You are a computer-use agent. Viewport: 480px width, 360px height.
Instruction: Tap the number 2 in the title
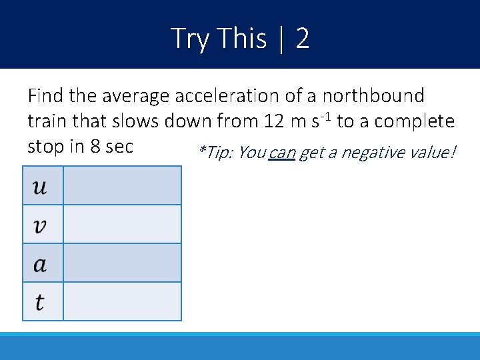[302, 39]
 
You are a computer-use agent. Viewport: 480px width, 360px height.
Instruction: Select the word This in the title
[242, 39]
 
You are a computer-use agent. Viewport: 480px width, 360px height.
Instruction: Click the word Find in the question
[45, 96]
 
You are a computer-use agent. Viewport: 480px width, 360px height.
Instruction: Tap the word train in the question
[45, 121]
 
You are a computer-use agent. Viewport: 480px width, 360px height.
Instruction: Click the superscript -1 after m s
[327, 117]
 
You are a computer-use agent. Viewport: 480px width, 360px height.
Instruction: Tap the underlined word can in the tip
[282, 153]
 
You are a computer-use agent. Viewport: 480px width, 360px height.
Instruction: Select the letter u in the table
[40, 185]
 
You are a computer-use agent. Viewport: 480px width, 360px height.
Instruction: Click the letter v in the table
[40, 225]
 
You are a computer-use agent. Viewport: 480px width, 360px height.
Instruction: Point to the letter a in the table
[40, 263]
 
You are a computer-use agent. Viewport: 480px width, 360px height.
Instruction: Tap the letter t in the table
[40, 302]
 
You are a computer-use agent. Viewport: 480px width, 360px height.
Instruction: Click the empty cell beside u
[122, 185]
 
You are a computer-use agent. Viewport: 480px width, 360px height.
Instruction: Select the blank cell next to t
[122, 302]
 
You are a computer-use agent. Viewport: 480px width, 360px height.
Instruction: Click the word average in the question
[137, 96]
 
